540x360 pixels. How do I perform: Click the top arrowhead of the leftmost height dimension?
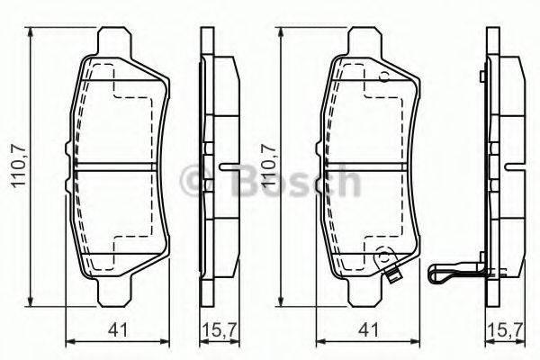pos(33,35)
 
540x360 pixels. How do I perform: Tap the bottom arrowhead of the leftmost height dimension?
pos(33,301)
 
